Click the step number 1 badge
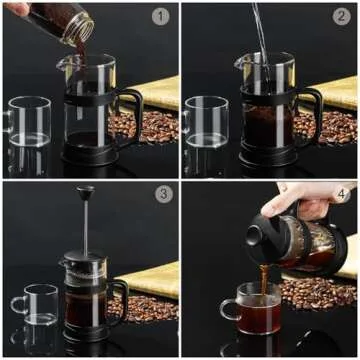(160, 16)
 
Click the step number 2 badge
(340, 16)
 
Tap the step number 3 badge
(163, 194)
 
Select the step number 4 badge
(340, 194)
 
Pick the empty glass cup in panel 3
(36, 305)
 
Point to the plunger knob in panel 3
(86, 192)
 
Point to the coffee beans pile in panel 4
(318, 292)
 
